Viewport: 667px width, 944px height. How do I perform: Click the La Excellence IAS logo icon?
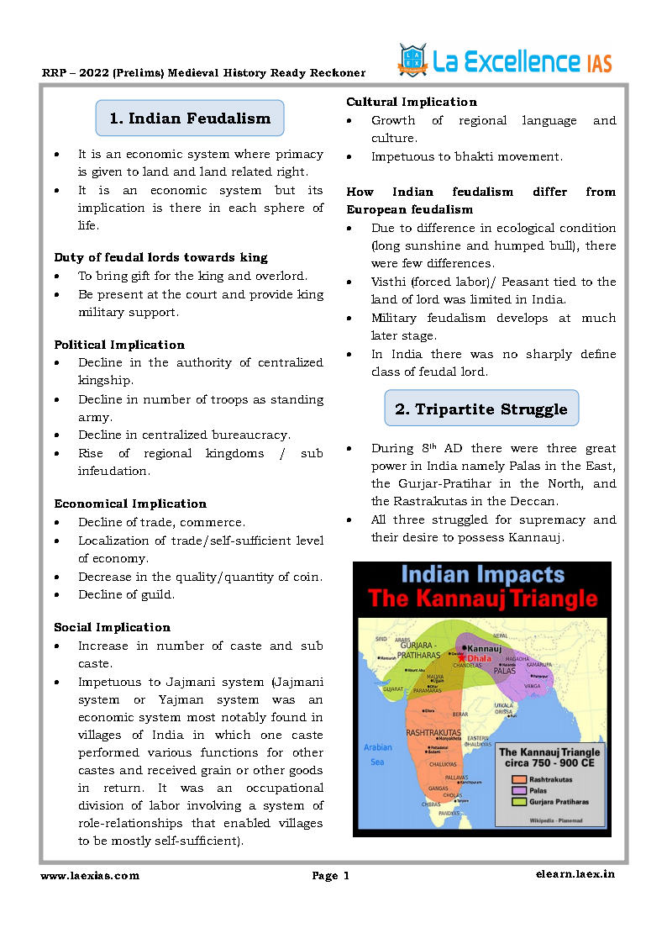click(x=412, y=61)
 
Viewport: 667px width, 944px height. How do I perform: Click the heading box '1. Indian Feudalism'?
click(x=190, y=119)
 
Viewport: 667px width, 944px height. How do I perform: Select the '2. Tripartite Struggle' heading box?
click(x=481, y=409)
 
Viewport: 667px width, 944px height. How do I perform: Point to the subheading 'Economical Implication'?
click(x=130, y=504)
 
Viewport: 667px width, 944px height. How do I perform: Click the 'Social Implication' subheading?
click(x=112, y=627)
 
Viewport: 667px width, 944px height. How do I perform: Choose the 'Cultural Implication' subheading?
click(x=412, y=102)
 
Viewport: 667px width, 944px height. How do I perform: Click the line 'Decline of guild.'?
click(x=126, y=594)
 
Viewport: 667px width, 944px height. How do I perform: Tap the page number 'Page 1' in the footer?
click(x=330, y=876)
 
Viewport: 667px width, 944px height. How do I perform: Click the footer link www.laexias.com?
click(x=90, y=876)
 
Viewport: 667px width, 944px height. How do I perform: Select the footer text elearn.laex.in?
click(x=575, y=874)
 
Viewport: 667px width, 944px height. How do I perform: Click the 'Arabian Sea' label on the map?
click(x=377, y=754)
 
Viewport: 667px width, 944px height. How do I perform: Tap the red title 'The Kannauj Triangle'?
click(x=482, y=599)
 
